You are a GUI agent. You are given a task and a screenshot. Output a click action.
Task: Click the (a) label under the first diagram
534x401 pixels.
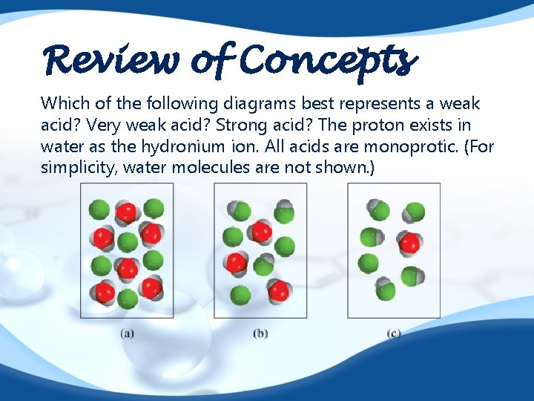127,333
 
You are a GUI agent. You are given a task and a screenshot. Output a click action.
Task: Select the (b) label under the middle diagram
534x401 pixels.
260,333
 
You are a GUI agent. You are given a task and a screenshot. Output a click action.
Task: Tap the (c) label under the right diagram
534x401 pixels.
394,333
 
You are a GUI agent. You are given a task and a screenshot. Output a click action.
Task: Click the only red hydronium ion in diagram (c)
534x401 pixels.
409,243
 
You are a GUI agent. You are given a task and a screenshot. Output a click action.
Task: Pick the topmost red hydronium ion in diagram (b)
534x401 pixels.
260,232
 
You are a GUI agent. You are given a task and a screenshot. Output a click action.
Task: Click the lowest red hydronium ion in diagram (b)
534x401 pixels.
278,290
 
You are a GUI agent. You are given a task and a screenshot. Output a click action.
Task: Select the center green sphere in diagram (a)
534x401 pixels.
128,242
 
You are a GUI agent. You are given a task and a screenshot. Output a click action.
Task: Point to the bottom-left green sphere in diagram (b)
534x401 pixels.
239,295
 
